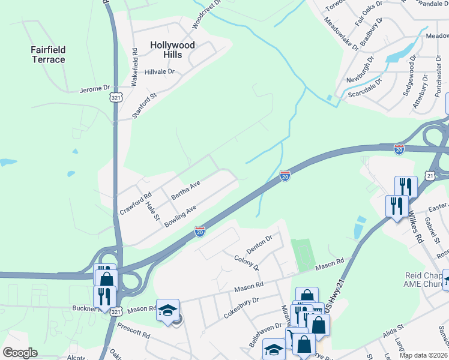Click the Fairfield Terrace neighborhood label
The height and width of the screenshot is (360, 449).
pyautogui.click(x=48, y=55)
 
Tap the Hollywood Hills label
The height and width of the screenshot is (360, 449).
pyautogui.click(x=172, y=50)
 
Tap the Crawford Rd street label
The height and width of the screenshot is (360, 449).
pyautogui.click(x=136, y=203)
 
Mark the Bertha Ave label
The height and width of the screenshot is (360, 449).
pyautogui.click(x=185, y=191)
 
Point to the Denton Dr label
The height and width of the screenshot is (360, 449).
pyautogui.click(x=259, y=243)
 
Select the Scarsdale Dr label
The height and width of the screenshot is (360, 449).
pyautogui.click(x=363, y=88)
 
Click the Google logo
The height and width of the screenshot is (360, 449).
pyautogui.click(x=20, y=353)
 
